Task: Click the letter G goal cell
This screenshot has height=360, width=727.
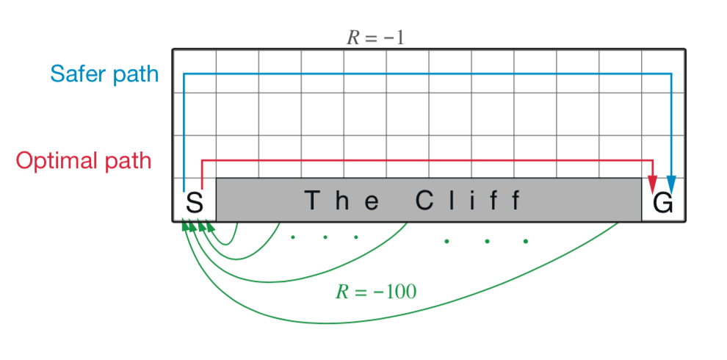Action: [x=663, y=202]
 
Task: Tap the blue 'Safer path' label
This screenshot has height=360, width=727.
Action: [x=104, y=74]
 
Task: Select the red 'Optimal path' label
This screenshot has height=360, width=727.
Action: [x=84, y=161]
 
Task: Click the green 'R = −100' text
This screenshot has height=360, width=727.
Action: [x=376, y=292]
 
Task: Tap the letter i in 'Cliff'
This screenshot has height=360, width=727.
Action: [x=474, y=201]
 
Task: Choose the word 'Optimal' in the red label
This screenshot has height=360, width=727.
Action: [x=58, y=161]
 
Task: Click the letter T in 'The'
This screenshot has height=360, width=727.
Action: [x=313, y=201]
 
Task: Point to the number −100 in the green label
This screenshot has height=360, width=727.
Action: [x=394, y=292]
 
